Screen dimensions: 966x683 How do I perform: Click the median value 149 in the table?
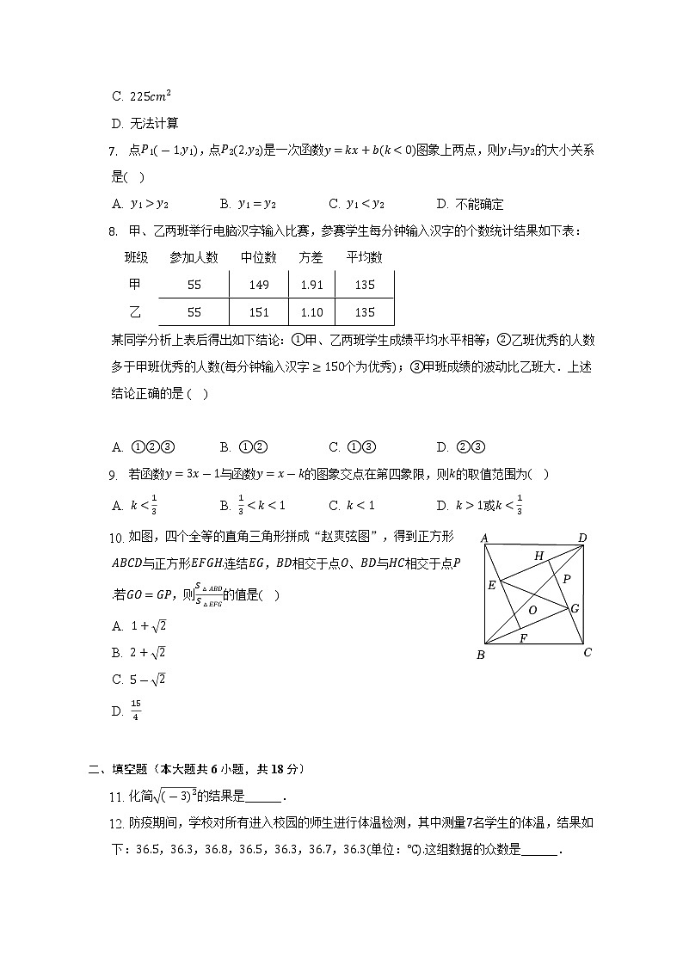258,285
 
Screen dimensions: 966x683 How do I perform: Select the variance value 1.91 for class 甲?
311,285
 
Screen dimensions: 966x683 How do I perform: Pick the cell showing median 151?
258,312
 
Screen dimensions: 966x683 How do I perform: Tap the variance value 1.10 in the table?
311,312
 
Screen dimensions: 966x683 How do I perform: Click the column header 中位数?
258,257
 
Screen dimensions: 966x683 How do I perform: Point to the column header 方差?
311,257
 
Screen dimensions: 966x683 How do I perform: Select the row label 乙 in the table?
134,311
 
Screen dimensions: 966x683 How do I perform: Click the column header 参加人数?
194,257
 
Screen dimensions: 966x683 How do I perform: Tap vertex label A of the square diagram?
485,538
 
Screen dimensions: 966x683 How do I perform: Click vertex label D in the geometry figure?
582,538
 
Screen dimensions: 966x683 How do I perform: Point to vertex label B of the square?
480,655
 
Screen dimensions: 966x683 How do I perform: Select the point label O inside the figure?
532,609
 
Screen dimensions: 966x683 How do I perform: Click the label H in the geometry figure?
538,556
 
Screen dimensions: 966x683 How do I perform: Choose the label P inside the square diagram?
566,579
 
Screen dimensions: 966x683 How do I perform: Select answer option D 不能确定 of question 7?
470,204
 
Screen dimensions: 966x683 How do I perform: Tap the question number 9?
113,474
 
